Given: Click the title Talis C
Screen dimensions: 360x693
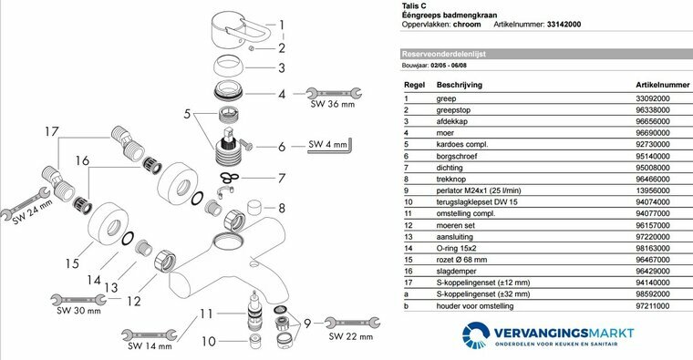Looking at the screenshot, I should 416,6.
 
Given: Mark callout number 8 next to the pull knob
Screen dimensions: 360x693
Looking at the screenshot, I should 282,208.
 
